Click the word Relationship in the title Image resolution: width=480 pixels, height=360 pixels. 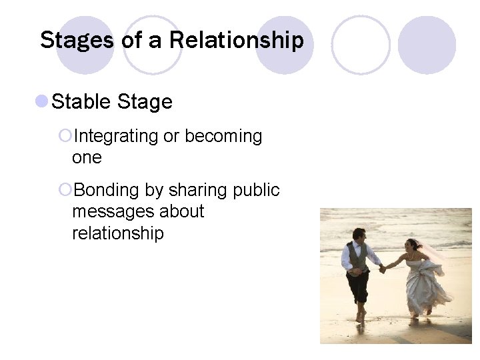(236, 40)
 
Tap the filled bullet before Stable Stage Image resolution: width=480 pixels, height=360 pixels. (41, 101)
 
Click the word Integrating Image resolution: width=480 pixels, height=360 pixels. (116, 136)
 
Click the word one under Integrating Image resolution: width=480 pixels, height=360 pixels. (87, 157)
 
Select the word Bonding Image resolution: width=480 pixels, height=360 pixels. (107, 190)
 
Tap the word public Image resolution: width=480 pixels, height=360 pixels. (257, 190)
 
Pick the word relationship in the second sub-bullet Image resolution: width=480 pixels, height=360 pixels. (118, 233)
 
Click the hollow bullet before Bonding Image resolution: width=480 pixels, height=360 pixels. (65, 191)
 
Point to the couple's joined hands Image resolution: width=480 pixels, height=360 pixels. (383, 269)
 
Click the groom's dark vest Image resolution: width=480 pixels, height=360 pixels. (357, 259)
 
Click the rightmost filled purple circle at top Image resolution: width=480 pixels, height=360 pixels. (427, 45)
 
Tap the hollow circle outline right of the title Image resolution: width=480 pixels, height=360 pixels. (361, 45)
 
